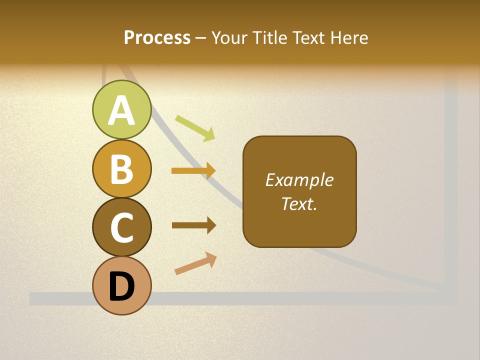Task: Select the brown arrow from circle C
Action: coord(193,225)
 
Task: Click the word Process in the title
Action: coord(157,37)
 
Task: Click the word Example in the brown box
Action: coord(299,180)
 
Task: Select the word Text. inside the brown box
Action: coord(299,203)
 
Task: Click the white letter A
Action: coord(121,110)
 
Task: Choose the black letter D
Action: coord(121,286)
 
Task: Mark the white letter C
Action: coord(121,227)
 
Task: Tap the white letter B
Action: coord(121,169)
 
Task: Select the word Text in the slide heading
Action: coord(308,37)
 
